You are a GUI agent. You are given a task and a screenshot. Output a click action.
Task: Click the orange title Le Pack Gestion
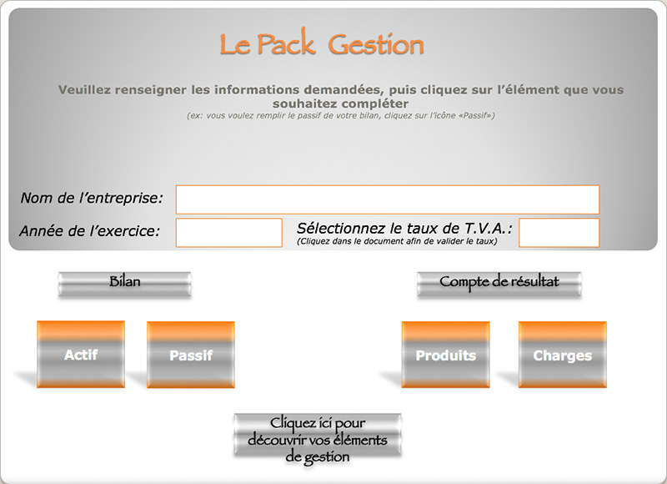(x=322, y=43)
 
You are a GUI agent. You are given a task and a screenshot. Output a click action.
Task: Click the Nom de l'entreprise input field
(x=388, y=199)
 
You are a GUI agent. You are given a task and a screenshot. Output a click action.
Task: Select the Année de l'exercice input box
(x=228, y=233)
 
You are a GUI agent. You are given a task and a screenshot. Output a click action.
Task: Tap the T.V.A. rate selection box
(x=559, y=233)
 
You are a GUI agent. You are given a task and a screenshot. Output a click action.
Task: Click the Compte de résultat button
(x=499, y=284)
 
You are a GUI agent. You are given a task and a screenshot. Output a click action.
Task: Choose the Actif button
(x=81, y=354)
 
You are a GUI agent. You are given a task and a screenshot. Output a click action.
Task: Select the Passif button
(x=191, y=355)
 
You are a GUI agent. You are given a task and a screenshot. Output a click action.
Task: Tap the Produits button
(x=445, y=355)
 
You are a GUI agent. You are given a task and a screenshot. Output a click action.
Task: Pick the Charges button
(x=562, y=355)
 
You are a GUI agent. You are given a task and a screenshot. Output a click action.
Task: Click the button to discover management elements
(x=318, y=436)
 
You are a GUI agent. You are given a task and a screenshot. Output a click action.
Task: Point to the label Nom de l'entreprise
(x=92, y=198)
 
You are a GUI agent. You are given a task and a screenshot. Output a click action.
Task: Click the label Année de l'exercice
(x=90, y=230)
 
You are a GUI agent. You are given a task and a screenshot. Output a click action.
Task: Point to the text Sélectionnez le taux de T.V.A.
(x=404, y=228)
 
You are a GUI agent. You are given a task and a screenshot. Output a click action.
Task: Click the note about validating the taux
(x=397, y=241)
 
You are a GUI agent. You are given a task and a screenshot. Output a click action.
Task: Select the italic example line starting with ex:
(x=341, y=115)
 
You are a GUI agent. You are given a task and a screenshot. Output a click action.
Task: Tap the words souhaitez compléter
(x=341, y=103)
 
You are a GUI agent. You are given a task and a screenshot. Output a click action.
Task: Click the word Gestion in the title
(x=376, y=45)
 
